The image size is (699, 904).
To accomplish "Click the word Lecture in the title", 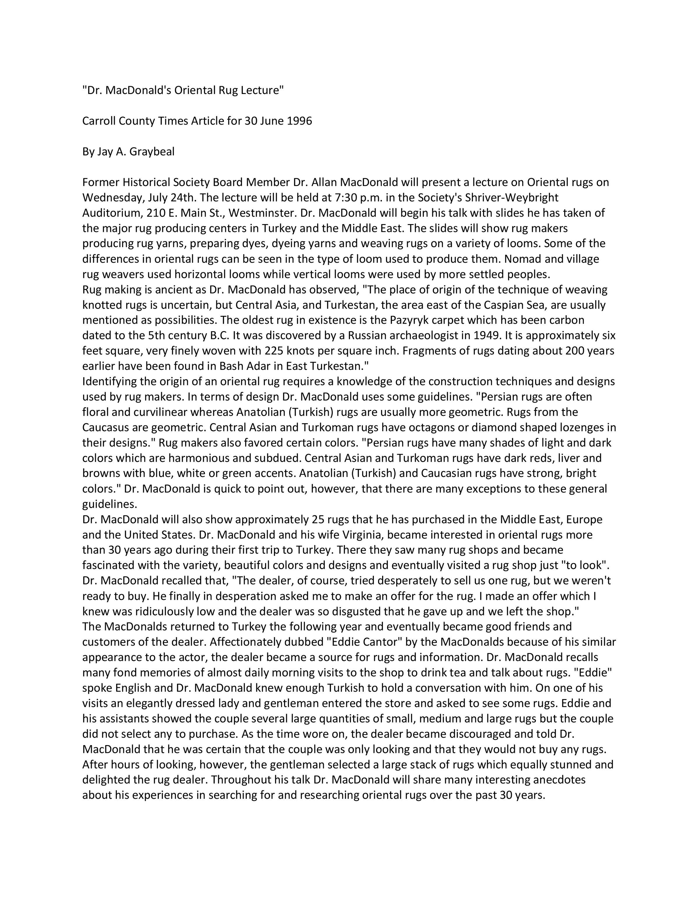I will [262, 90].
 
